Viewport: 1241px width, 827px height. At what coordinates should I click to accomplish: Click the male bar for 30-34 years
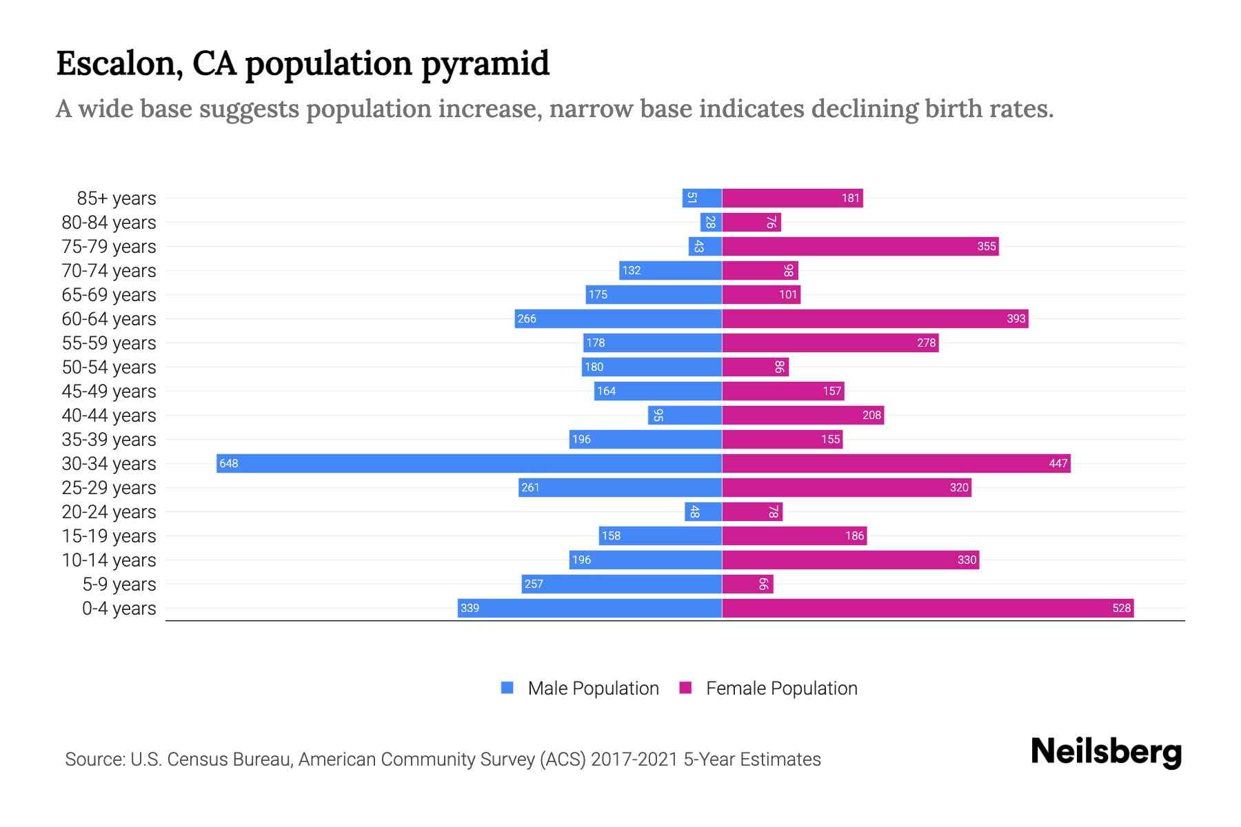coord(469,463)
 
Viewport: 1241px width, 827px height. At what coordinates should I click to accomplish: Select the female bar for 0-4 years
coord(927,608)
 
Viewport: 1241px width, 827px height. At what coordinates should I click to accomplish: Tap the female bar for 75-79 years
coord(860,246)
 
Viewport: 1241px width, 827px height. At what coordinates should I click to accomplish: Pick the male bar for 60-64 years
coord(618,318)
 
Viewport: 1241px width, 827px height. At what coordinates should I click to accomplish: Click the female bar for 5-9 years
coord(747,584)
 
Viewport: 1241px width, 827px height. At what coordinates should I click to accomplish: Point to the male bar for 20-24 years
coord(703,511)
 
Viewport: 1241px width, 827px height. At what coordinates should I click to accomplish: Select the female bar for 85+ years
coord(792,198)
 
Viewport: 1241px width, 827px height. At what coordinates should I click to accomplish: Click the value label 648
coord(229,463)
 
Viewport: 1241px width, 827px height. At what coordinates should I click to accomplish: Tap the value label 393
coord(1016,318)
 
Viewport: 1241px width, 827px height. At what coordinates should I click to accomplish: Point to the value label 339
coord(470,608)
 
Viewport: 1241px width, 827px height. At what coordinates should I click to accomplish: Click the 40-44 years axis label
coord(109,415)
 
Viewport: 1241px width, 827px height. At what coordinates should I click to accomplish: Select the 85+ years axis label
coord(116,198)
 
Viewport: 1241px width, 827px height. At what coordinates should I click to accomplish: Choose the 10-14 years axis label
coord(109,560)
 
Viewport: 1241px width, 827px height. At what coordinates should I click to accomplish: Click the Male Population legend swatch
coord(507,688)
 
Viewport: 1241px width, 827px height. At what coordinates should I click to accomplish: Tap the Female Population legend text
coord(781,688)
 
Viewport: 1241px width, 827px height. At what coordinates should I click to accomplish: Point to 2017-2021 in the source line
coord(634,759)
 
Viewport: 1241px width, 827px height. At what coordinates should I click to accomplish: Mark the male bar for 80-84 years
coord(711,222)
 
